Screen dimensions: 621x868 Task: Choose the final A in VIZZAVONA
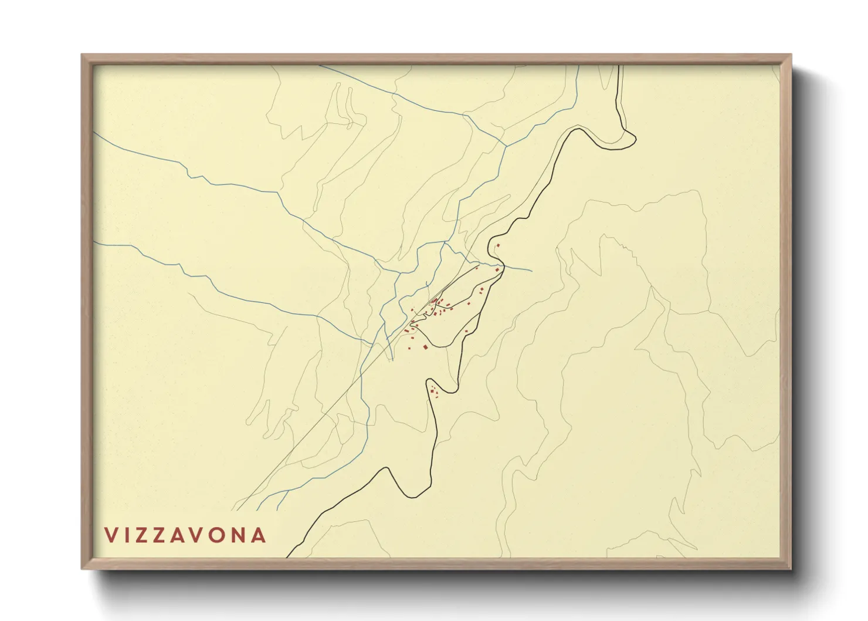(x=258, y=535)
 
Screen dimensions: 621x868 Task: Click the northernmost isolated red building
(x=498, y=245)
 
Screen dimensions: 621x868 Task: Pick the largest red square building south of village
(x=425, y=347)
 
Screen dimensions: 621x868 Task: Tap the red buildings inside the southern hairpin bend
(x=434, y=391)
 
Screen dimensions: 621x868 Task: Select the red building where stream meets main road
(x=497, y=269)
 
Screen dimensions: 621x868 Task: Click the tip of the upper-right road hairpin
(x=635, y=139)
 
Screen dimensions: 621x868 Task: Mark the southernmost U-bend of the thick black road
(x=413, y=497)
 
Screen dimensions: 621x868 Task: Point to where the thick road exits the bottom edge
(x=287, y=556)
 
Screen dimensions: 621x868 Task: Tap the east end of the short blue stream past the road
(x=531, y=271)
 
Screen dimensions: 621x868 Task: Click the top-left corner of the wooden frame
(x=82, y=55)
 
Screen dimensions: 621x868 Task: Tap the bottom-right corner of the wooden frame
(x=791, y=569)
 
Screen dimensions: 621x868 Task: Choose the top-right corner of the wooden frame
(x=791, y=55)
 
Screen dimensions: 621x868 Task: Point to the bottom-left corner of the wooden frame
(x=82, y=569)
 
